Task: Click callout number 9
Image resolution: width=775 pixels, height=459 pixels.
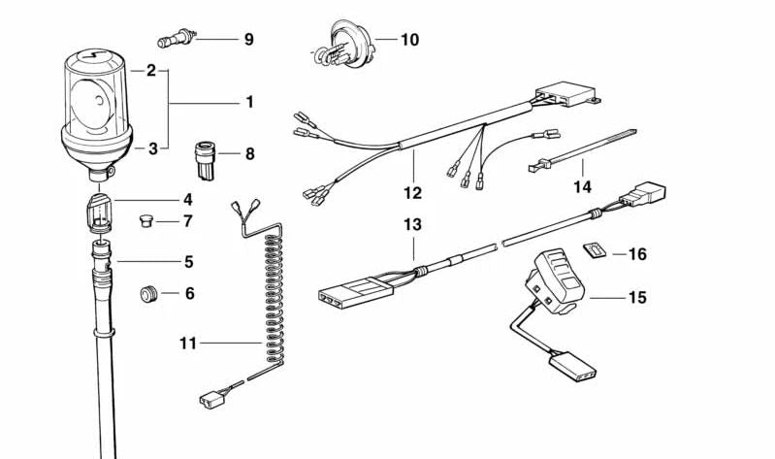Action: point(248,40)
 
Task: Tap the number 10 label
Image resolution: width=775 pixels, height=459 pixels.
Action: point(409,40)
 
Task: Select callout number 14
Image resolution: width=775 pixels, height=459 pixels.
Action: point(582,187)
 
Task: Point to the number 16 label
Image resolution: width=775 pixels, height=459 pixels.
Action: point(636,254)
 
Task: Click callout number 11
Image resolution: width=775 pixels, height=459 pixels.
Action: point(187,343)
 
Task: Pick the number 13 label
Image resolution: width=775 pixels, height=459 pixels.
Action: point(413,225)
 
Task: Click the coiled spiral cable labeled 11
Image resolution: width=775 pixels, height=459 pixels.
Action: point(272,291)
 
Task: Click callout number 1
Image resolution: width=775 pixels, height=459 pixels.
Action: point(248,101)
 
